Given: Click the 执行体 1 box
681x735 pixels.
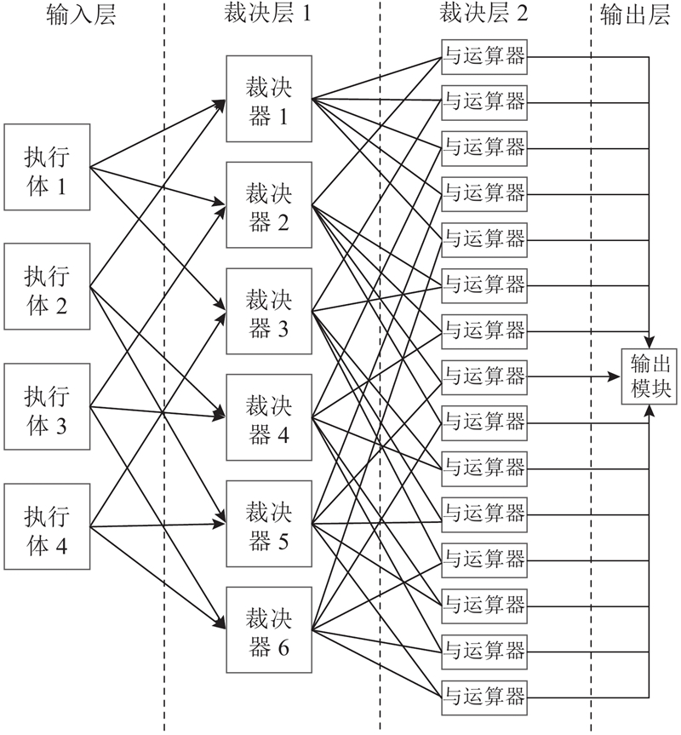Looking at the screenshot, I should coord(48,167).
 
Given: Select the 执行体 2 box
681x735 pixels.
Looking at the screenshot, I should coord(48,287).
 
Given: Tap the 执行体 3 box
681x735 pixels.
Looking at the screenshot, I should coord(48,406).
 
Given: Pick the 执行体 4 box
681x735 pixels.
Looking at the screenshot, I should coord(48,525).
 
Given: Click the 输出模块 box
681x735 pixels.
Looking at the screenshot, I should coord(650,375).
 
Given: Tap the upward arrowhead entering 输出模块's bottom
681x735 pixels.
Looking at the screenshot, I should coord(650,409).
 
